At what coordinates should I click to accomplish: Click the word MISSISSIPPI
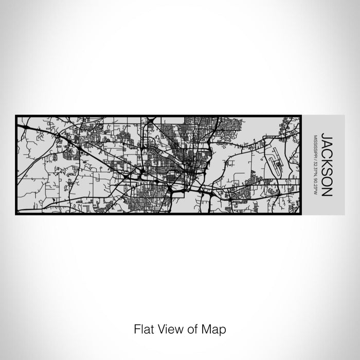(x=315, y=146)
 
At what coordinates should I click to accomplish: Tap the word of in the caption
(x=188, y=328)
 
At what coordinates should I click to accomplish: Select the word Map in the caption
(x=211, y=328)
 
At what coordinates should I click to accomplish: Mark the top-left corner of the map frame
(x=16, y=116)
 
